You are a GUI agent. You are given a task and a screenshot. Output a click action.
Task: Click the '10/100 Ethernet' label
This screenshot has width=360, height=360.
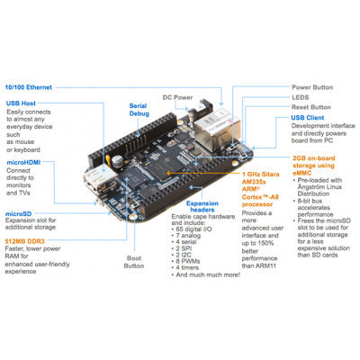(30, 87)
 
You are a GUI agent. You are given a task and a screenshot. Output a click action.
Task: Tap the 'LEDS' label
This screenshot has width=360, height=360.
(301, 97)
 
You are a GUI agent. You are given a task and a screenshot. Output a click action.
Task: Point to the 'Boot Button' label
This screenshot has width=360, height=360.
(134, 262)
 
